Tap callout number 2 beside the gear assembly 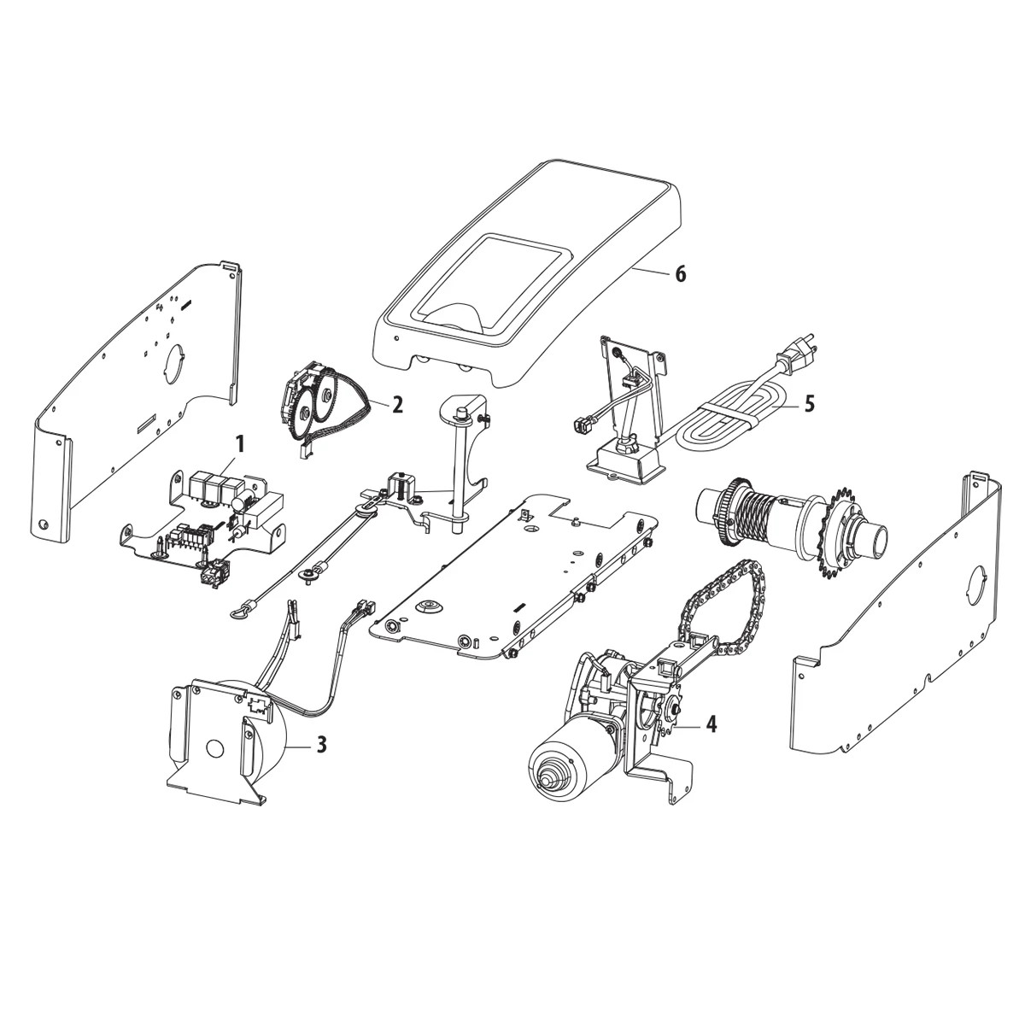click(397, 404)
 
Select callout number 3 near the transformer click(321, 745)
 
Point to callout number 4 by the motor click(711, 724)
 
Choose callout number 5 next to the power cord click(809, 402)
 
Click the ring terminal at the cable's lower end click(237, 610)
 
